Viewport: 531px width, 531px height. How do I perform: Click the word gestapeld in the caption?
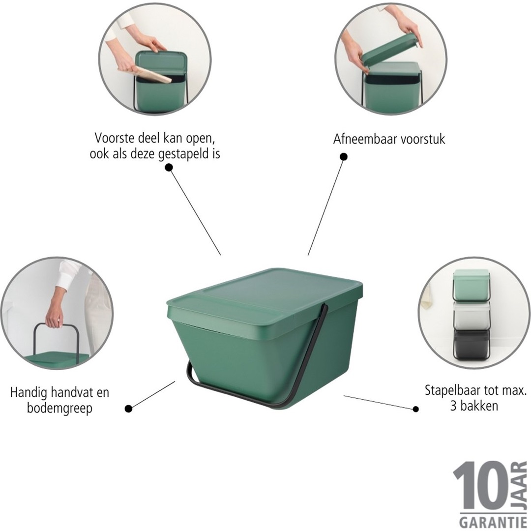coord(181,154)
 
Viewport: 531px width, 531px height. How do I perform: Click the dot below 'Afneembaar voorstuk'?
coord(344,157)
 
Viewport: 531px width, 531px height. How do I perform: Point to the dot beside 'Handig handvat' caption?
coord(129,408)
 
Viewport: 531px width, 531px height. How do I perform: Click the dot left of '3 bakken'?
coord(416,409)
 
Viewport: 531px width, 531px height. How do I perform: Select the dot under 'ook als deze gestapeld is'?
coord(169,167)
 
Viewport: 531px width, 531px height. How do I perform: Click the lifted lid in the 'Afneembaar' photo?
coord(391,49)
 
